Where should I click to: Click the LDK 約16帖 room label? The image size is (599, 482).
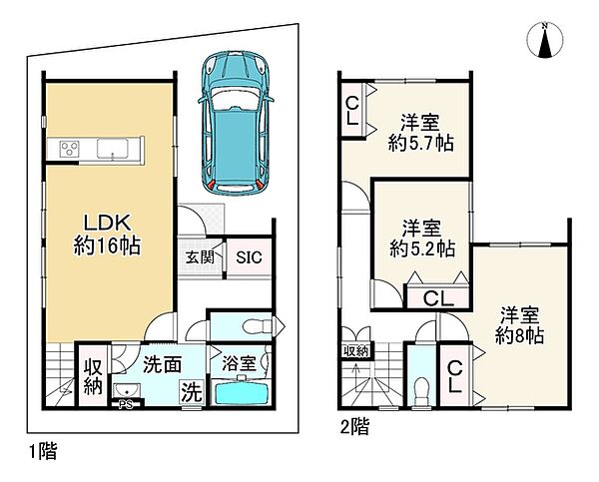coord(107,235)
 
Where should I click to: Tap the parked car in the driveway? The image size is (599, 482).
coord(236,124)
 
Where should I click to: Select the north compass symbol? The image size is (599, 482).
coord(545,40)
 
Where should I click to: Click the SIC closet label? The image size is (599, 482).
coord(249,257)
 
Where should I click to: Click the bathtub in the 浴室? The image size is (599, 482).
coord(243,392)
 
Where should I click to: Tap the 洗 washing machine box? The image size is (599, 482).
coord(192,391)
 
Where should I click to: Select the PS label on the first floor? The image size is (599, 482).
coord(126,404)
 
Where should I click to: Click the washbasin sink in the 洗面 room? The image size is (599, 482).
coord(127,390)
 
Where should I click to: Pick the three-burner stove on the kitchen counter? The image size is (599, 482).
coord(70,149)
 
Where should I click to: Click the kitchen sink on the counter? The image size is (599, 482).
coord(113,148)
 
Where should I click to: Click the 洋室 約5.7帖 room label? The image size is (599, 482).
coord(421,133)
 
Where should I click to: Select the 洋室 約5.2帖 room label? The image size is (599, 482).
coord(422,239)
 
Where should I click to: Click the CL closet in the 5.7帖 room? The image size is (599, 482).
coord(352,111)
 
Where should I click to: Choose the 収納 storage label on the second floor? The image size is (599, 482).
coord(354,351)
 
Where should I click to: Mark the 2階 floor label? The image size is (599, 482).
coord(354,427)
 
